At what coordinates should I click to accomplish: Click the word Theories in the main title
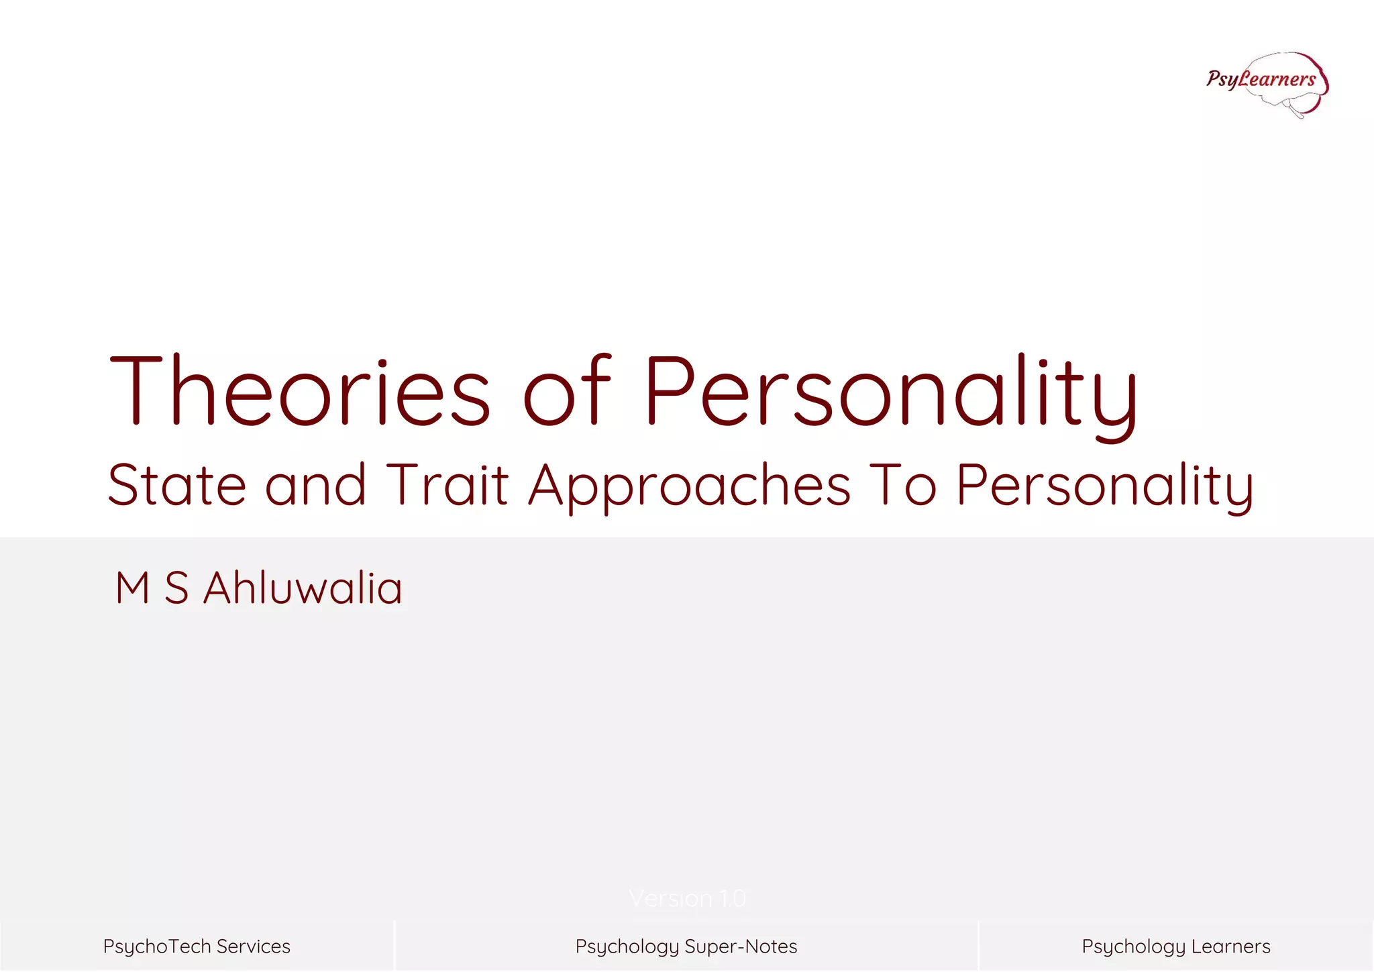point(299,392)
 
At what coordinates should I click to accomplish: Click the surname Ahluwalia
point(303,588)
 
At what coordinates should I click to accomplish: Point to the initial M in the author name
point(132,588)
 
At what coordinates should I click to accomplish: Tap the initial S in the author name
point(176,588)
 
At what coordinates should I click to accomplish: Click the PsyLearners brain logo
point(1267,83)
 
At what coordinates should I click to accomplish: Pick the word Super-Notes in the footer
point(741,947)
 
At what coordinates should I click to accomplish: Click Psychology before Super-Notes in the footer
point(627,947)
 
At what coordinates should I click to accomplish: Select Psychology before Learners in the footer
point(1134,947)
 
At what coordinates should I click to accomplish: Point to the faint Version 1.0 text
point(687,898)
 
